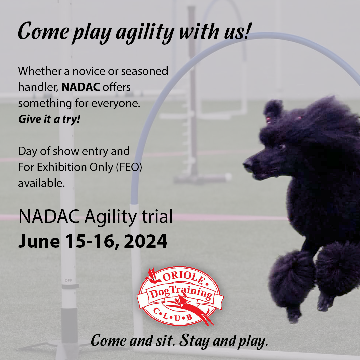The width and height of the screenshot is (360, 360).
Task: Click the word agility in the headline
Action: tap(145, 33)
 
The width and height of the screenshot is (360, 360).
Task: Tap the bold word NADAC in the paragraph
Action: tap(81, 87)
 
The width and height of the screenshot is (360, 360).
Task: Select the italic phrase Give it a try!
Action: tap(49, 119)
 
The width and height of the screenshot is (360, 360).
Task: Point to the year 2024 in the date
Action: tap(146, 241)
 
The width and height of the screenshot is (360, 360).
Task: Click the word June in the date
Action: tap(39, 241)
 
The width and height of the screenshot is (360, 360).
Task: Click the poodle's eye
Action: tap(282, 146)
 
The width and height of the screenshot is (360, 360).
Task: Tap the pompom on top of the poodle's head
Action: tap(273, 108)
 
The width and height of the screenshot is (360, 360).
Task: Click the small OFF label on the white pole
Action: tap(68, 280)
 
